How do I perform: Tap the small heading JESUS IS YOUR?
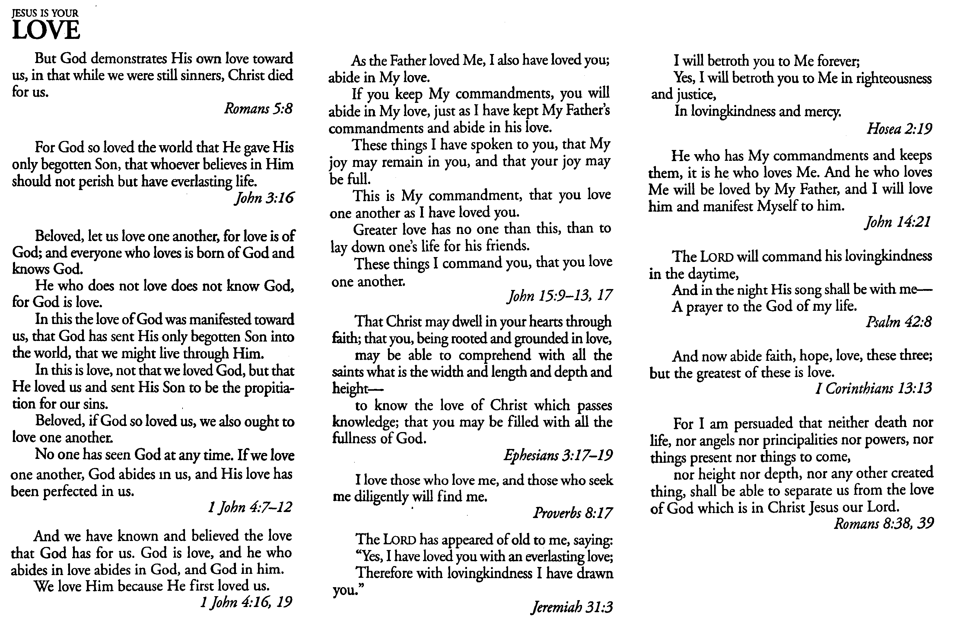point(45,13)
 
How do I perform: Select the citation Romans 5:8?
point(258,109)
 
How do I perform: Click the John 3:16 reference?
point(264,198)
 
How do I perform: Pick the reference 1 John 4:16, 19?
point(246,602)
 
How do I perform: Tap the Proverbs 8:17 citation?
point(572,513)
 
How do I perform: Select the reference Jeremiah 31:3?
point(572,607)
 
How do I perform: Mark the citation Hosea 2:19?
point(899,129)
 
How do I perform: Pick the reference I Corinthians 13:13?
point(874,388)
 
